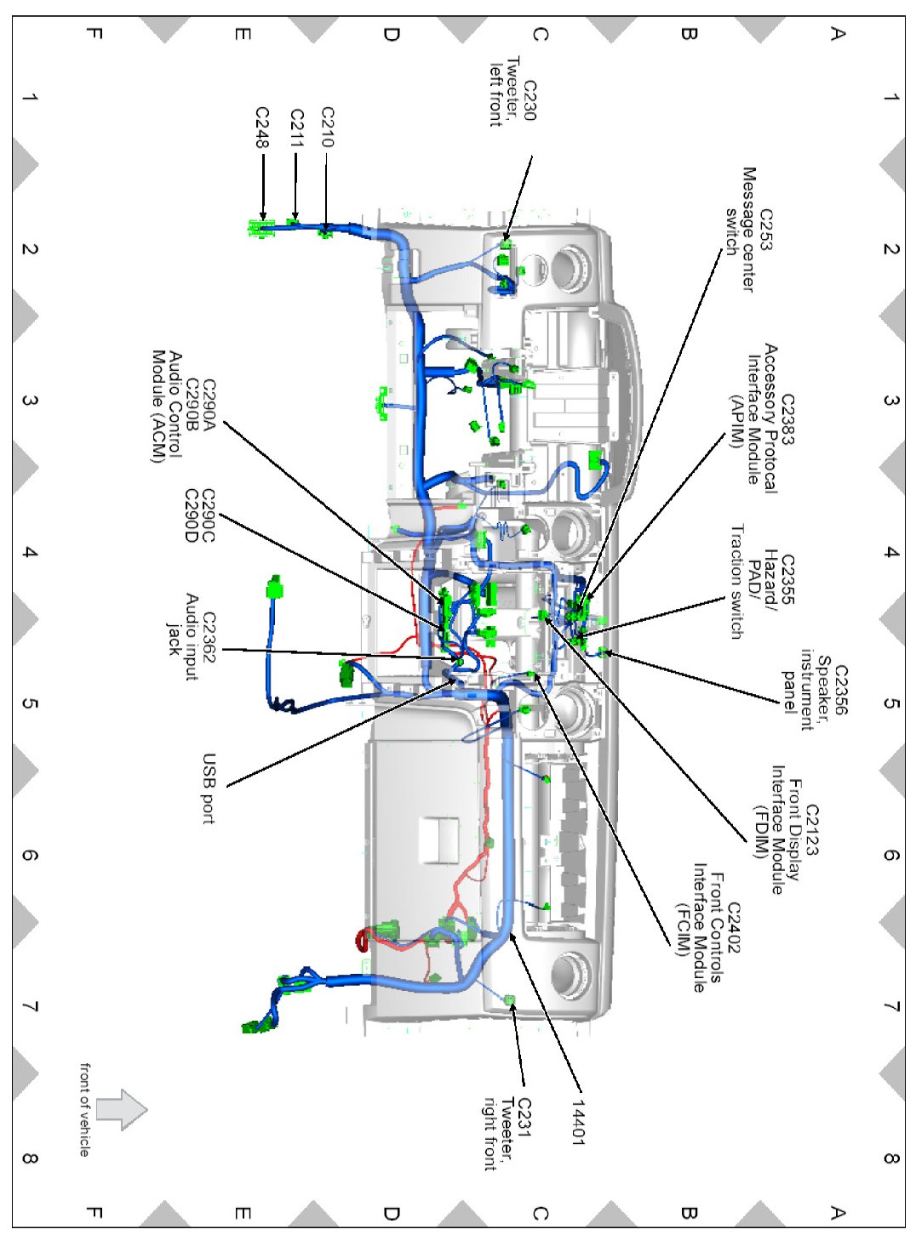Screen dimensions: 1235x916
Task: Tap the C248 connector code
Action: pyautogui.click(x=262, y=127)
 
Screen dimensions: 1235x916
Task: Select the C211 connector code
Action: pyautogui.click(x=296, y=128)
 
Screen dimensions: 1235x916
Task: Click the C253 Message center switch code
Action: pyautogui.click(x=766, y=230)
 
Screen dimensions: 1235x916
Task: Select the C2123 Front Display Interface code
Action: pyautogui.click(x=811, y=829)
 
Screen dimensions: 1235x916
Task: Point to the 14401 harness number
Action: pyautogui.click(x=578, y=1122)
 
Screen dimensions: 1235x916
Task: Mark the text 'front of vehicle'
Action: pyautogui.click(x=84, y=1108)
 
